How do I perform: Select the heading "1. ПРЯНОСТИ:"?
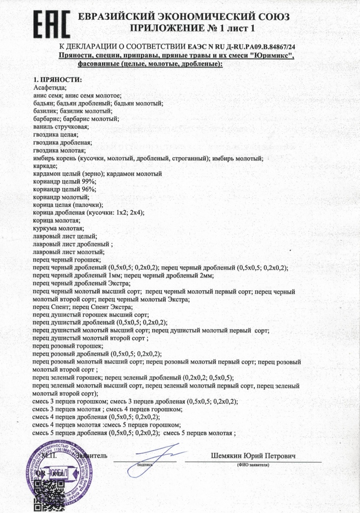(x=57, y=80)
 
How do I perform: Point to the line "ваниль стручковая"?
(x=60, y=127)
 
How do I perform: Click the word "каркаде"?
(x=45, y=166)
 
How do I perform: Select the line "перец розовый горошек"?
(x=68, y=345)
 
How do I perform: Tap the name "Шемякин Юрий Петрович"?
(x=253, y=456)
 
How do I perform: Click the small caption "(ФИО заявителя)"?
(x=253, y=465)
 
